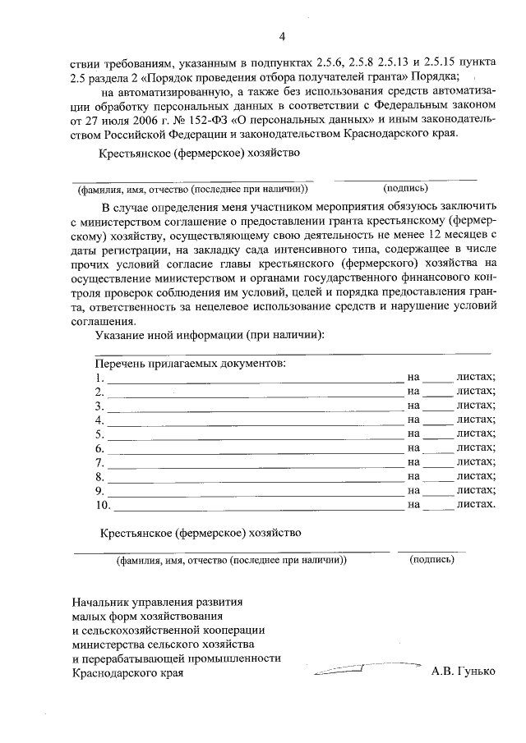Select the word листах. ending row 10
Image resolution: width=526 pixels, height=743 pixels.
(476, 503)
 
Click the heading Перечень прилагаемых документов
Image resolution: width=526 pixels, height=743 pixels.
(190, 362)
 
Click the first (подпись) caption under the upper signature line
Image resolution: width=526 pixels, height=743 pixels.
(405, 187)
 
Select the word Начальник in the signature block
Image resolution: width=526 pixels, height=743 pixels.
(103, 601)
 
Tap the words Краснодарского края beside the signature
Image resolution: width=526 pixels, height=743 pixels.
(127, 672)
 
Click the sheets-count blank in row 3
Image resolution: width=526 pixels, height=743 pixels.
(437, 406)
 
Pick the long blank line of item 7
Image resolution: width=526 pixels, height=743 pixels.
(255, 462)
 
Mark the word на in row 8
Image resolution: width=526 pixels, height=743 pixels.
(413, 476)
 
